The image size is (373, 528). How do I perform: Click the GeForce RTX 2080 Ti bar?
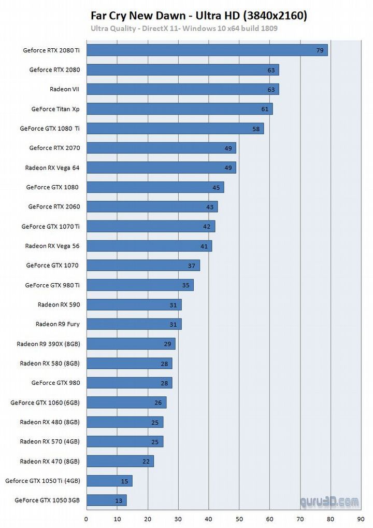207,50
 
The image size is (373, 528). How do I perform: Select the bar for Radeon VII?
182,89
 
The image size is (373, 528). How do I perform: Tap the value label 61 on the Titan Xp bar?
265,109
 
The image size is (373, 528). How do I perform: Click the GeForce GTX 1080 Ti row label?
50,128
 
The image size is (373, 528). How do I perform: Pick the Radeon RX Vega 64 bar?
161,168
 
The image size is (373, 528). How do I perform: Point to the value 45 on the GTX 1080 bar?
216,187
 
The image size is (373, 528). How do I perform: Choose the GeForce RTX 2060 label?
54,206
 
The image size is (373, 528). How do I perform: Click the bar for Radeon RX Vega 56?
149,246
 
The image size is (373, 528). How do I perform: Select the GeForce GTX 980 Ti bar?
139,285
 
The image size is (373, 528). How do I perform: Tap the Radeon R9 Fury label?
58,324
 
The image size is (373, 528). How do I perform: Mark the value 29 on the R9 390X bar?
167,344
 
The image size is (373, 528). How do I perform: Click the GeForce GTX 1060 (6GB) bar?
126,402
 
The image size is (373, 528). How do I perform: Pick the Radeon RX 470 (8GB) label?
50,461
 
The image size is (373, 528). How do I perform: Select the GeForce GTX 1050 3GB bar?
106,501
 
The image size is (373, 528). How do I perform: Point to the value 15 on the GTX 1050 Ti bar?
124,481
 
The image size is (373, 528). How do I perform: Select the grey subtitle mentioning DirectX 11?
184,28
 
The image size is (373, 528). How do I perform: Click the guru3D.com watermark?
329,502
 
